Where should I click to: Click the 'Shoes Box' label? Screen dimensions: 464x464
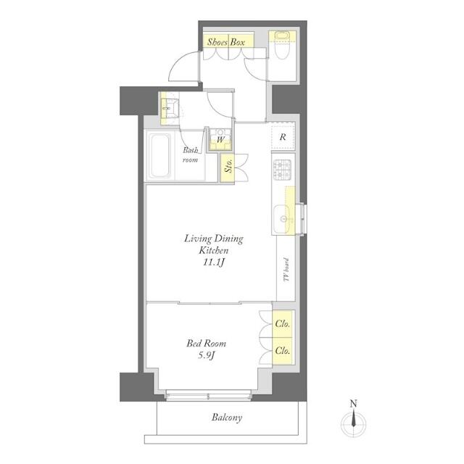click(227, 42)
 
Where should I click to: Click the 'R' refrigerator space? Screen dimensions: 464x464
click(283, 136)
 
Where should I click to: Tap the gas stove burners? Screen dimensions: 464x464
click(282, 170)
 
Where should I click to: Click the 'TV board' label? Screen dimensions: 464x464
click(286, 273)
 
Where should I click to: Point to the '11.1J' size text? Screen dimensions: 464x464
click(212, 263)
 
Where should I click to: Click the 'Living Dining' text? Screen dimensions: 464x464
click(213, 239)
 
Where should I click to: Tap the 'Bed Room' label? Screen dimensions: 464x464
click(207, 343)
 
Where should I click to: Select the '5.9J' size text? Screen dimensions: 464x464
click(207, 356)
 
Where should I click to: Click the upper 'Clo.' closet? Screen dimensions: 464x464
click(283, 324)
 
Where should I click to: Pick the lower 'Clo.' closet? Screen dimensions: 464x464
click(283, 350)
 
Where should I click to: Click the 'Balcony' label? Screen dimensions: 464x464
click(227, 418)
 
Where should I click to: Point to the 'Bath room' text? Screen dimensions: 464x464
click(190, 154)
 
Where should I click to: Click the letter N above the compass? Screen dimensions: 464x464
click(354, 404)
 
